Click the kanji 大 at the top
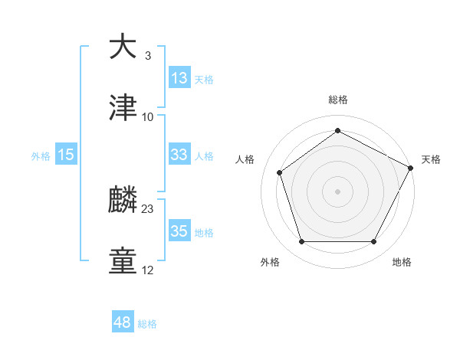point(123,47)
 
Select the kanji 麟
point(123,201)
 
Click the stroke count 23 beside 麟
point(148,208)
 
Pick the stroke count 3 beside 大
point(148,55)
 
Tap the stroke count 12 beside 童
point(148,270)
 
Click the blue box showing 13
point(179,78)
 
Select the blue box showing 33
point(179,155)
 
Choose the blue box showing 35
point(179,231)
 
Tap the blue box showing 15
point(66,155)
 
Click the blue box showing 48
point(123,322)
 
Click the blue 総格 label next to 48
point(147,324)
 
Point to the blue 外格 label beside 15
point(41,155)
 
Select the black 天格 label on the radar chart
point(431,159)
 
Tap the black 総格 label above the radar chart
point(337,100)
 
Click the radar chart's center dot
point(337,190)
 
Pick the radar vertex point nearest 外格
point(301,242)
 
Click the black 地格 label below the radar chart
point(402,262)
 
